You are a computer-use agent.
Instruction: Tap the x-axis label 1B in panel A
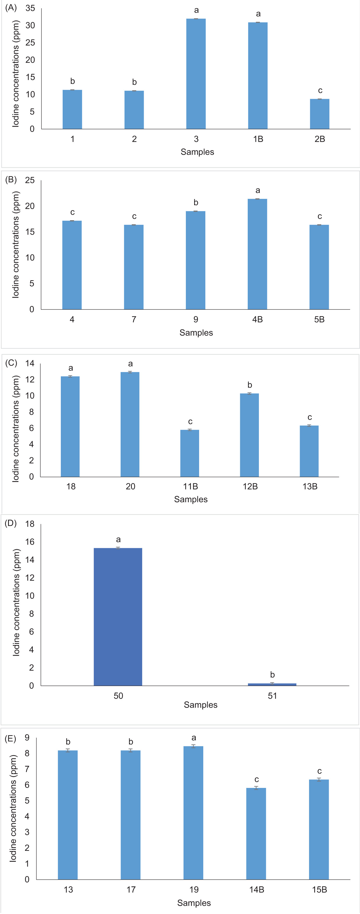pyautogui.click(x=258, y=139)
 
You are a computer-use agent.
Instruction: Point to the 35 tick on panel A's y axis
pyautogui.click(x=30, y=8)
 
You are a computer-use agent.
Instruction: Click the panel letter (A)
pyautogui.click(x=11, y=8)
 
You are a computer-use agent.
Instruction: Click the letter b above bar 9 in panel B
pyautogui.click(x=196, y=203)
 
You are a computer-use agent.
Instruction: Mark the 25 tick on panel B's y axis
pyautogui.click(x=30, y=180)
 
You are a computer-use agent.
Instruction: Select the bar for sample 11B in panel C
pyautogui.click(x=189, y=453)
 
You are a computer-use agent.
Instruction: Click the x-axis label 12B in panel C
pyautogui.click(x=250, y=486)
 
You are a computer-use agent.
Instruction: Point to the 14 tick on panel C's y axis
pyautogui.click(x=30, y=363)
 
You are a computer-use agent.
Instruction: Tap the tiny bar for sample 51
pyautogui.click(x=272, y=684)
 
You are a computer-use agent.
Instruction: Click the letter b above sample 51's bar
pyautogui.click(x=272, y=675)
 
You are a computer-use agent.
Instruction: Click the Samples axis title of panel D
pyautogui.click(x=200, y=705)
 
